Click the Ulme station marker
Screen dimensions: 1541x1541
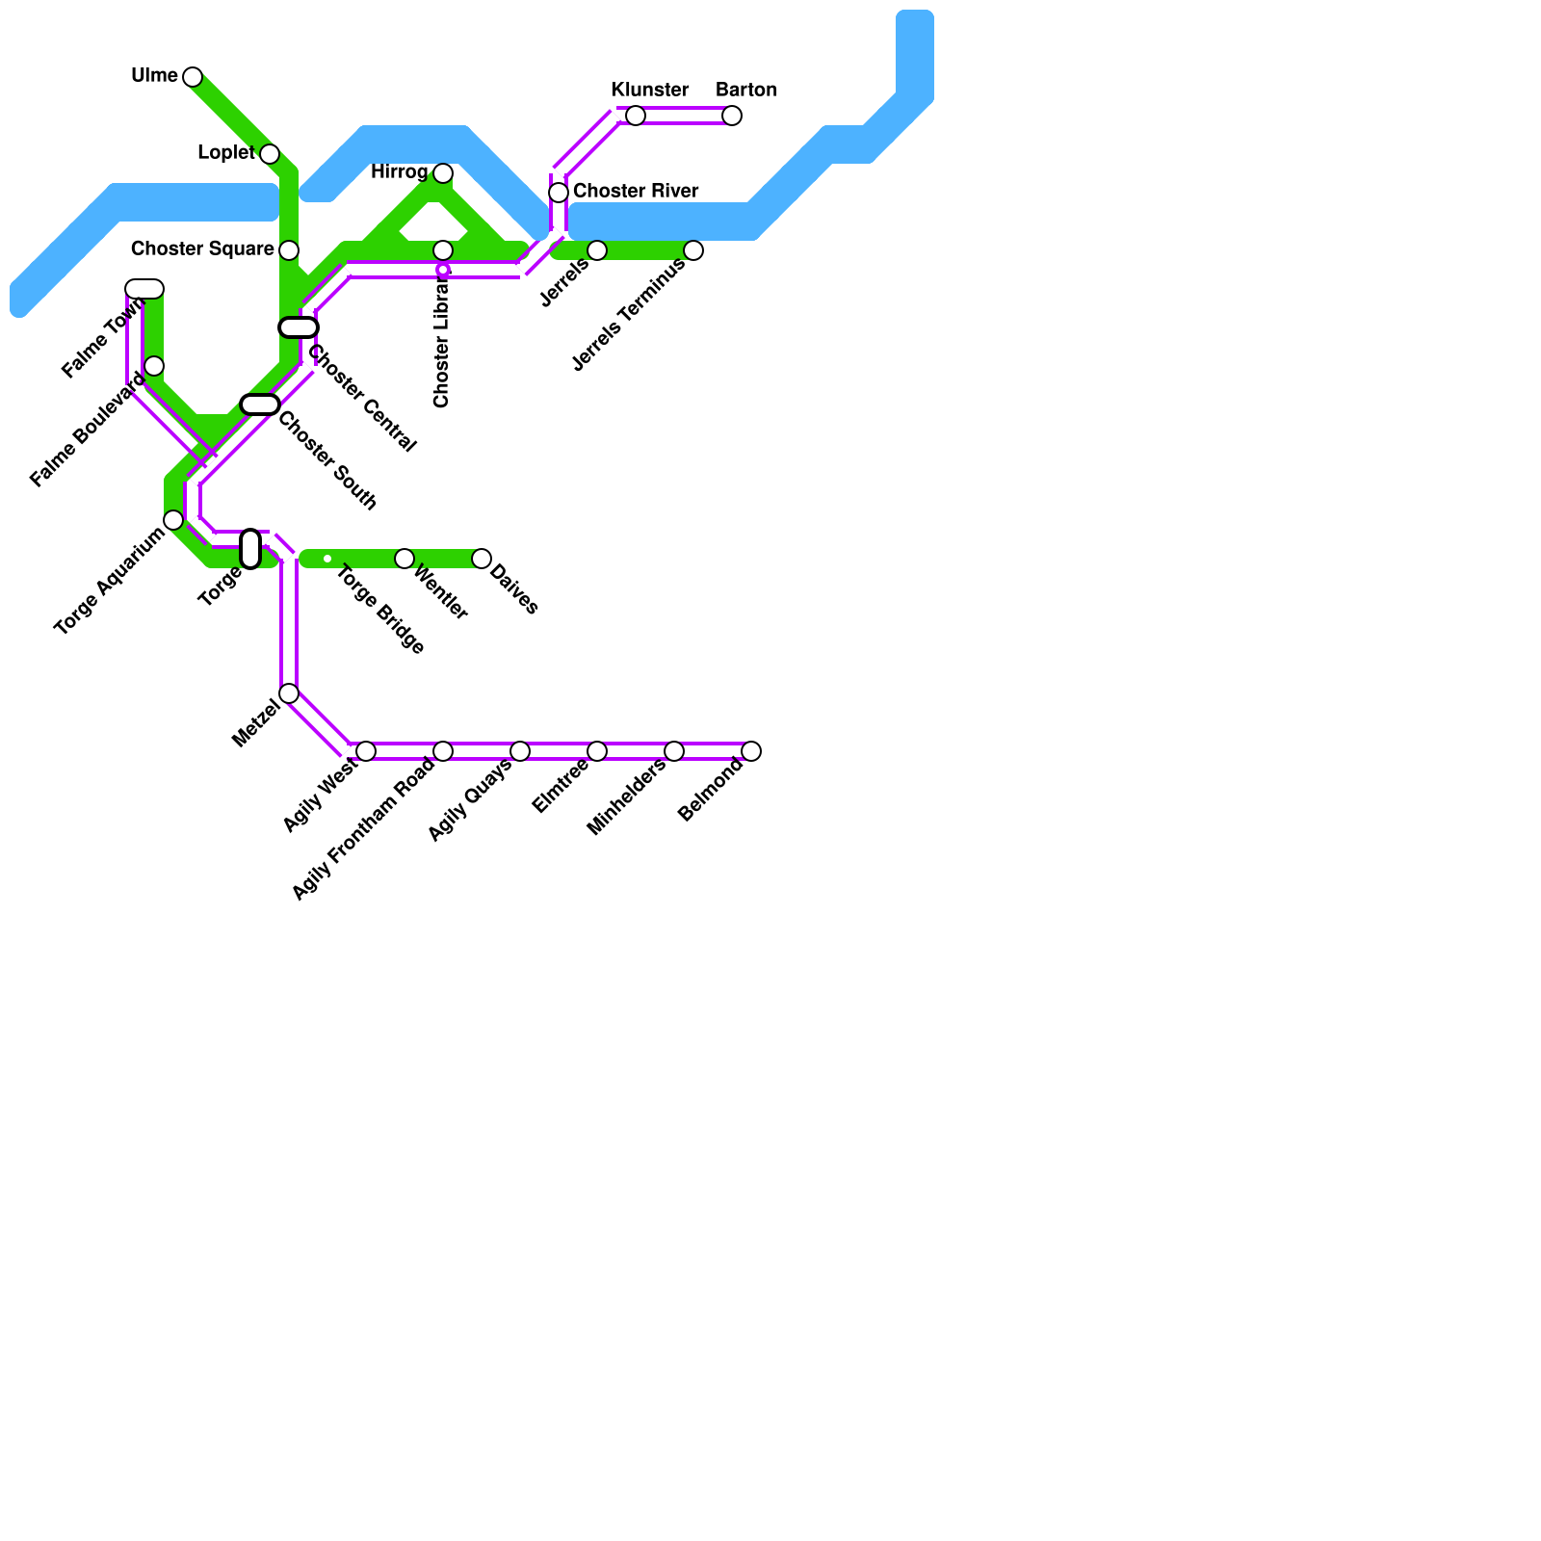(x=193, y=77)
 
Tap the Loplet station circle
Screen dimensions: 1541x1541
(x=270, y=154)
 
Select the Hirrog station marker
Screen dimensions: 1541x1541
(x=443, y=173)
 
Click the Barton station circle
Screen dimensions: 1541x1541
(x=732, y=116)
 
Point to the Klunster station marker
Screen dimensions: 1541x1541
(x=636, y=116)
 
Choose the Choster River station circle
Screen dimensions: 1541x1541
(x=559, y=193)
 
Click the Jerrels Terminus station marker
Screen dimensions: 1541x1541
(x=693, y=250)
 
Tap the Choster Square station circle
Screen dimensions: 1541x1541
(x=289, y=250)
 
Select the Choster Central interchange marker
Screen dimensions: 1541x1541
(x=299, y=327)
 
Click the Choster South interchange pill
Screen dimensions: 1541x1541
(x=260, y=405)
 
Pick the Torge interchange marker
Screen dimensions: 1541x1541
(x=250, y=549)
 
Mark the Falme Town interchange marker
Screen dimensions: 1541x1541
(x=144, y=289)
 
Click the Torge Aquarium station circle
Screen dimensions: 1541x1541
(x=173, y=520)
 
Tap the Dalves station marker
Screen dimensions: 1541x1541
(x=482, y=559)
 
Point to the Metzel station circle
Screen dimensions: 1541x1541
(x=289, y=693)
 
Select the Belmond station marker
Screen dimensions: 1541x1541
(x=751, y=751)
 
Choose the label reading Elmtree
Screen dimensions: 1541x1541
(x=560, y=787)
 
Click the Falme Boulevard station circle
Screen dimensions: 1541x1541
(x=154, y=366)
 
